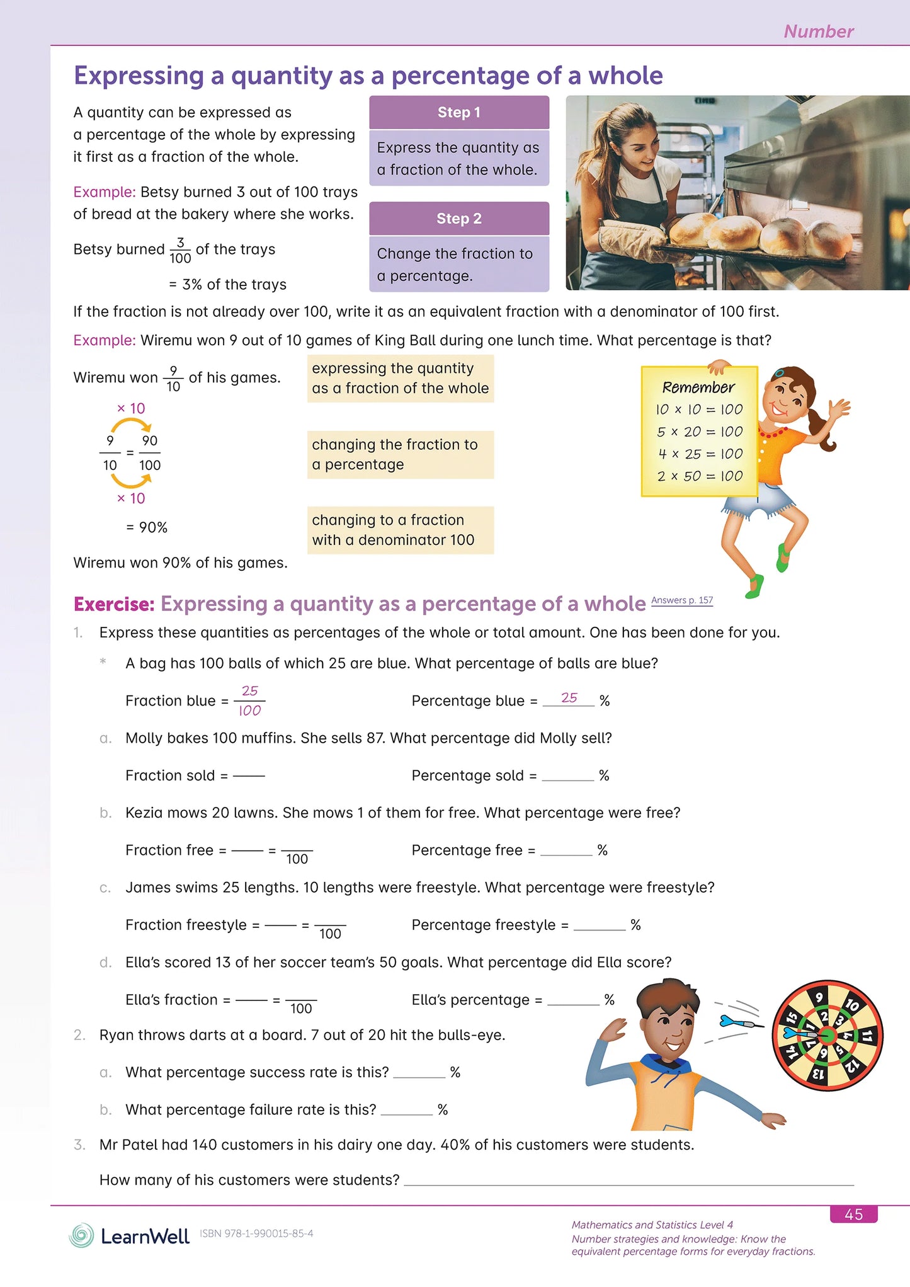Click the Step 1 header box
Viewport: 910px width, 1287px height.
(x=459, y=113)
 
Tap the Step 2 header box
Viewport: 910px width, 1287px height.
(x=459, y=219)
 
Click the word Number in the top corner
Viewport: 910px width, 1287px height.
(x=818, y=31)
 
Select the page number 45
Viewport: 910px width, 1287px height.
(x=853, y=1214)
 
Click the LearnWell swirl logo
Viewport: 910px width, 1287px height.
(x=81, y=1235)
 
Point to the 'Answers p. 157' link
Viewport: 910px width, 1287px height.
(x=682, y=600)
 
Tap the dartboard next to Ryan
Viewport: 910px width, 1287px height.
(x=827, y=1035)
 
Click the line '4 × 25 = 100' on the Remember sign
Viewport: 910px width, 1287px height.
(x=700, y=454)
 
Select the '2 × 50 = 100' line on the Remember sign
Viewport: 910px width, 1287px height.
(x=700, y=476)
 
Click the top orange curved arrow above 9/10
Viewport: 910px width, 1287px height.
(x=131, y=426)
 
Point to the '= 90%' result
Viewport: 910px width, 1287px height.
(x=147, y=527)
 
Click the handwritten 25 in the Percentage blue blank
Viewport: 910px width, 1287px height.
(x=569, y=698)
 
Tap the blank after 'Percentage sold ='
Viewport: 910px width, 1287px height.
(x=567, y=775)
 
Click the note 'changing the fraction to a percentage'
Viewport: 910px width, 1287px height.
(x=400, y=454)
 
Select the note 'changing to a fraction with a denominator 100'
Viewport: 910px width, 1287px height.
(x=400, y=530)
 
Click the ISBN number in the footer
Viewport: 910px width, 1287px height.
(x=256, y=1233)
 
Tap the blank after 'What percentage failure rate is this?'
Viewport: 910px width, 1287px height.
(x=406, y=1110)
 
